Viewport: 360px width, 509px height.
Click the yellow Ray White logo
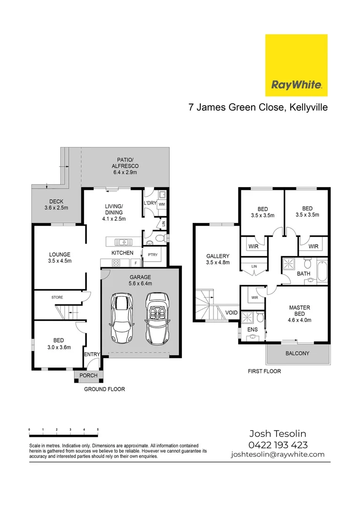click(x=296, y=66)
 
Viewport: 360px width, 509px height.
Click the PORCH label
click(x=89, y=376)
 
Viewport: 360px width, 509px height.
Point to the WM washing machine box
click(x=162, y=205)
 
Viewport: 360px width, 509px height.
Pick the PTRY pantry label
click(x=153, y=254)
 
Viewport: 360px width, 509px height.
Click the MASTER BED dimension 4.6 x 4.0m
click(x=299, y=320)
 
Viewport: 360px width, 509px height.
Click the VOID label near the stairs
click(x=231, y=312)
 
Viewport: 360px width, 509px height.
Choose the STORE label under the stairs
click(x=57, y=297)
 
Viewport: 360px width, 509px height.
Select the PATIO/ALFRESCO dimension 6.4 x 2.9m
click(x=125, y=172)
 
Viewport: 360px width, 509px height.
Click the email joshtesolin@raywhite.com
click(x=278, y=454)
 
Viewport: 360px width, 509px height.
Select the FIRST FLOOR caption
click(x=264, y=371)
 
